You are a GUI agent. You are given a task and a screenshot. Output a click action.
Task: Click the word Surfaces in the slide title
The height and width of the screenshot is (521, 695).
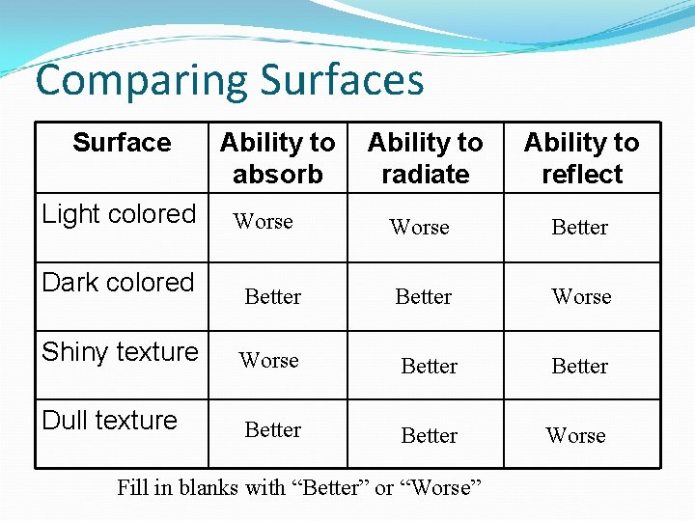pyautogui.click(x=343, y=79)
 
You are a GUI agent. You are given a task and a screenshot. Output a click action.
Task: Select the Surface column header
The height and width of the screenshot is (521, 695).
pyautogui.click(x=122, y=143)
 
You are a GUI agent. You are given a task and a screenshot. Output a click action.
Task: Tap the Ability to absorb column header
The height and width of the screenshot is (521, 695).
pyautogui.click(x=277, y=158)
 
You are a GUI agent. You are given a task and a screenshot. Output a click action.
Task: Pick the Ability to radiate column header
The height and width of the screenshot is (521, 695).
pyautogui.click(x=425, y=158)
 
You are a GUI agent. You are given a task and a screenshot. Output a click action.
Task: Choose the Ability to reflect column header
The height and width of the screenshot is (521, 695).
pyautogui.click(x=581, y=158)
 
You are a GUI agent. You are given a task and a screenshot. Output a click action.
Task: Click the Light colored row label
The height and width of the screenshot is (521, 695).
pyautogui.click(x=119, y=214)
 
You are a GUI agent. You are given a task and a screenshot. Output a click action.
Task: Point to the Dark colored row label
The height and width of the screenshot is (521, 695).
pyautogui.click(x=118, y=283)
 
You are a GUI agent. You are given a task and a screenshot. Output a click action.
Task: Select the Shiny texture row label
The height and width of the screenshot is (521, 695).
pyautogui.click(x=120, y=351)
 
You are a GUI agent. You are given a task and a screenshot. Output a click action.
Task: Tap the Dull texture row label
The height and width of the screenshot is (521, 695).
pyautogui.click(x=110, y=421)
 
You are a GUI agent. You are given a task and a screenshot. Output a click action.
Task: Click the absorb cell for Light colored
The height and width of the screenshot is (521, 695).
pyautogui.click(x=263, y=222)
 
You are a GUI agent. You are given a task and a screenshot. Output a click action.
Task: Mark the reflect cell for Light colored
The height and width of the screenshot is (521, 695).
pyautogui.click(x=579, y=228)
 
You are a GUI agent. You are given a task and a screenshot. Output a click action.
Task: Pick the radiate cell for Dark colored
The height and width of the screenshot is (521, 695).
pyautogui.click(x=423, y=297)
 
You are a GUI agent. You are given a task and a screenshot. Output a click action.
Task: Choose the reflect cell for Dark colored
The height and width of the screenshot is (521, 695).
pyautogui.click(x=581, y=297)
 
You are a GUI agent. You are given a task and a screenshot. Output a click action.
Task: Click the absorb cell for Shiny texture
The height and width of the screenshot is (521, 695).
pyautogui.click(x=268, y=361)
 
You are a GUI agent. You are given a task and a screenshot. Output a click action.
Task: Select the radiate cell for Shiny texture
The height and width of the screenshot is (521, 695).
pyautogui.click(x=429, y=367)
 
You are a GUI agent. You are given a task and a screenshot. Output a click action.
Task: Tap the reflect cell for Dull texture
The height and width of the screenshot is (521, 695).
pyautogui.click(x=575, y=436)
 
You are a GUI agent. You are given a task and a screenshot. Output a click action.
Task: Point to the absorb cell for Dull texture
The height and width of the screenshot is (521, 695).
pyautogui.click(x=273, y=430)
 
